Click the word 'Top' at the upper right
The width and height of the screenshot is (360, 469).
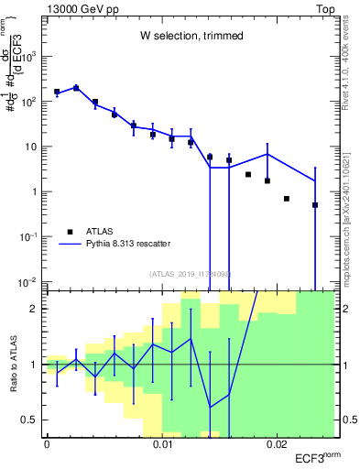click(x=324, y=7)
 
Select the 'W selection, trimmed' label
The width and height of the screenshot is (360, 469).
click(x=191, y=36)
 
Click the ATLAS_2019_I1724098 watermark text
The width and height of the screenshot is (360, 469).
click(x=190, y=273)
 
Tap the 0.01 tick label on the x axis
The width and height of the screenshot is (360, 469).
click(x=162, y=444)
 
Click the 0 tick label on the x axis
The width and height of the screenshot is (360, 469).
click(x=47, y=444)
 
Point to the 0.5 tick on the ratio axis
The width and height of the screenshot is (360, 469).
click(x=33, y=420)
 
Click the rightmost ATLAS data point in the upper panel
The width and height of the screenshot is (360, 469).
click(x=315, y=205)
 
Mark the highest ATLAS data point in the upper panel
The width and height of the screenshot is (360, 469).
click(x=76, y=88)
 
